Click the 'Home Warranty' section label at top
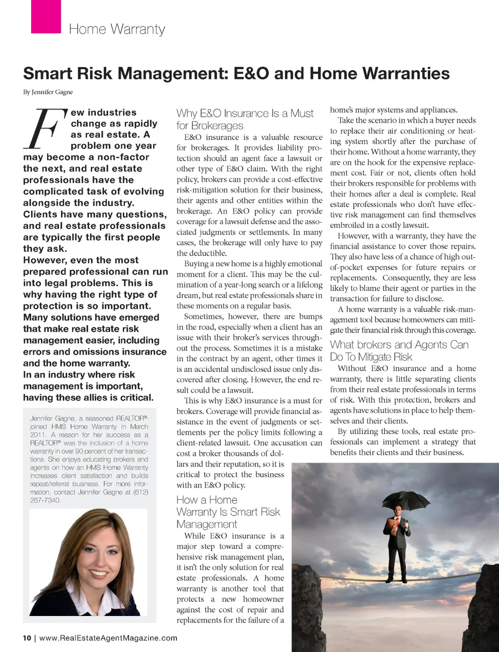pyautogui.click(x=117, y=29)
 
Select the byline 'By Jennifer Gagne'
pyautogui.click(x=48, y=92)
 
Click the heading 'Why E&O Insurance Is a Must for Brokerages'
pyautogui.click(x=245, y=119)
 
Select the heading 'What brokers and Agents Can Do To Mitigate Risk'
pyautogui.click(x=399, y=351)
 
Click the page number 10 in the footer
pyautogui.click(x=27, y=638)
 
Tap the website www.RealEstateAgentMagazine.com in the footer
pyautogui.click(x=108, y=638)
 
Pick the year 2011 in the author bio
pyautogui.click(x=38, y=435)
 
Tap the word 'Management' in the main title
pyautogui.click(x=173, y=74)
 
